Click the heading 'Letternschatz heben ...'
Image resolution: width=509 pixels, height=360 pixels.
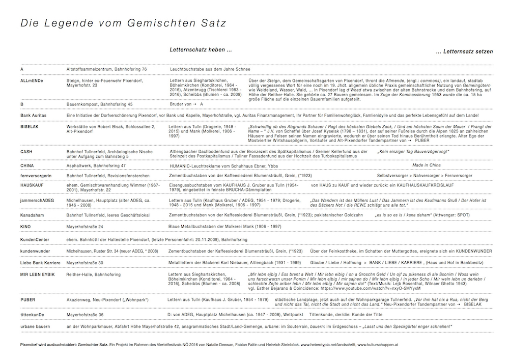coord(201,50)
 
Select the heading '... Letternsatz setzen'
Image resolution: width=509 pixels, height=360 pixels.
coord(465,52)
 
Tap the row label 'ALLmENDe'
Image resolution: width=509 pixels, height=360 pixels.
coord(32,81)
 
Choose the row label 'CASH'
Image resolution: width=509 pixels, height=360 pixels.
coord(26,152)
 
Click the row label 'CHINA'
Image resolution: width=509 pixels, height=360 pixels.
coord(27,165)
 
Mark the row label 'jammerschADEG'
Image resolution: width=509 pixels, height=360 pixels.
coord(37,202)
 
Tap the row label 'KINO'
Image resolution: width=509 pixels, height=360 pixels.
coord(25,226)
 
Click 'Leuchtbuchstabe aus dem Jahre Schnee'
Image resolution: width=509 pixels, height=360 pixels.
coord(210,69)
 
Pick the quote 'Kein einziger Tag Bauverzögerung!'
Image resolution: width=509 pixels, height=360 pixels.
coord(413,152)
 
